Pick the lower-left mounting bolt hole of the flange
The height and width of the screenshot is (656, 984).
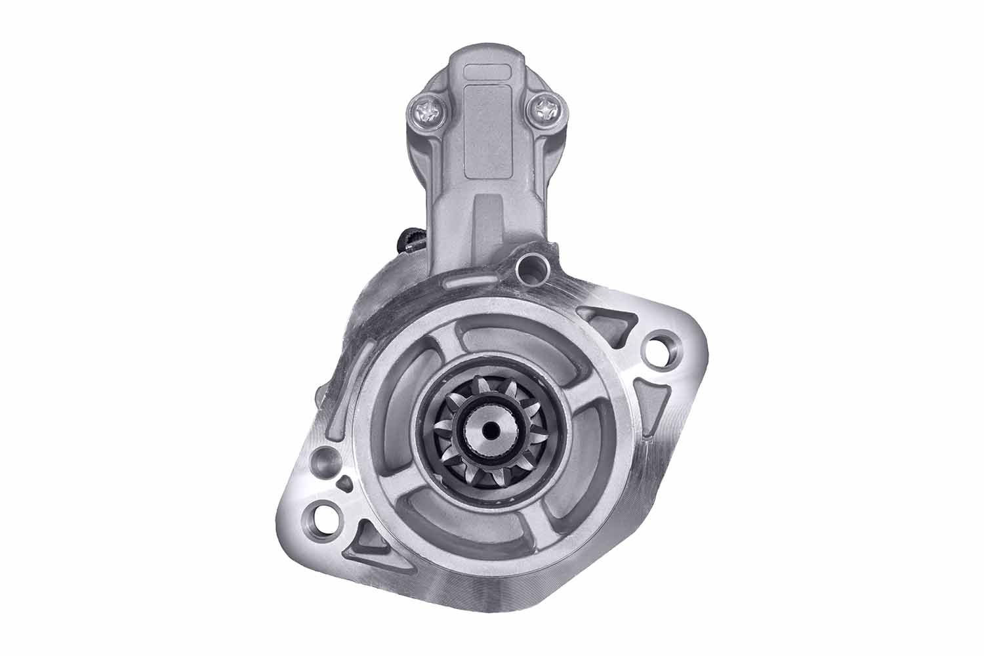coord(325,510)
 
